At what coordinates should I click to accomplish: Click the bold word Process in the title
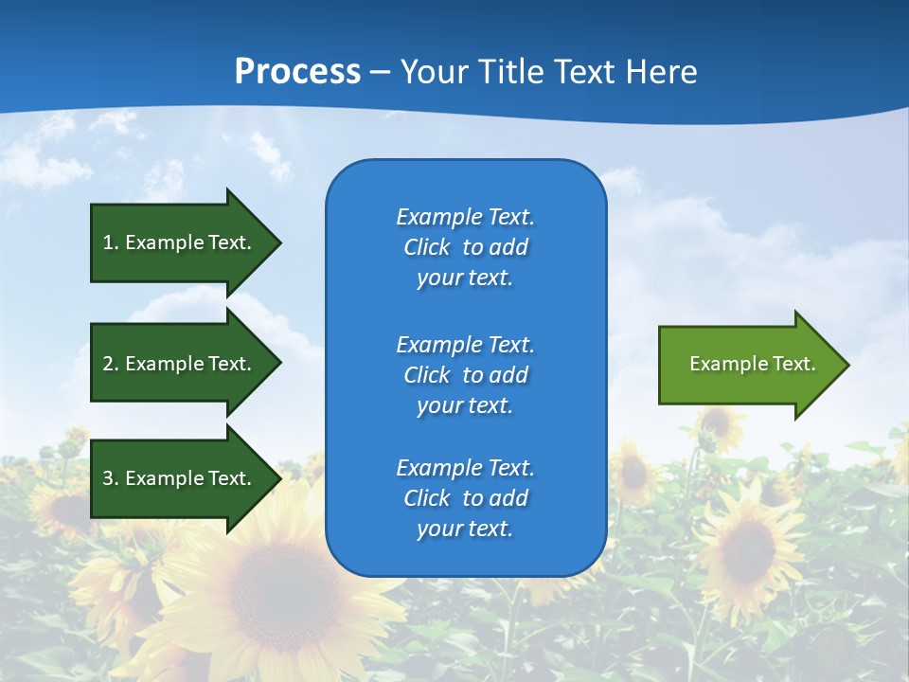[x=297, y=71]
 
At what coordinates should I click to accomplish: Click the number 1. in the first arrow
[x=111, y=242]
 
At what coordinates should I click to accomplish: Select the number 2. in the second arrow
[x=111, y=364]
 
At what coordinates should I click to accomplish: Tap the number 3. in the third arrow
[x=111, y=478]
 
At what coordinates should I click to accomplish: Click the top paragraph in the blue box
[x=465, y=247]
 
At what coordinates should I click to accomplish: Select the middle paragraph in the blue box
[x=465, y=375]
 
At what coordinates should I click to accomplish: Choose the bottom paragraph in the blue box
[x=465, y=498]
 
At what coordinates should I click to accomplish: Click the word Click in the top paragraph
[x=426, y=247]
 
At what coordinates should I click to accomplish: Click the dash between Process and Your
[x=380, y=73]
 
